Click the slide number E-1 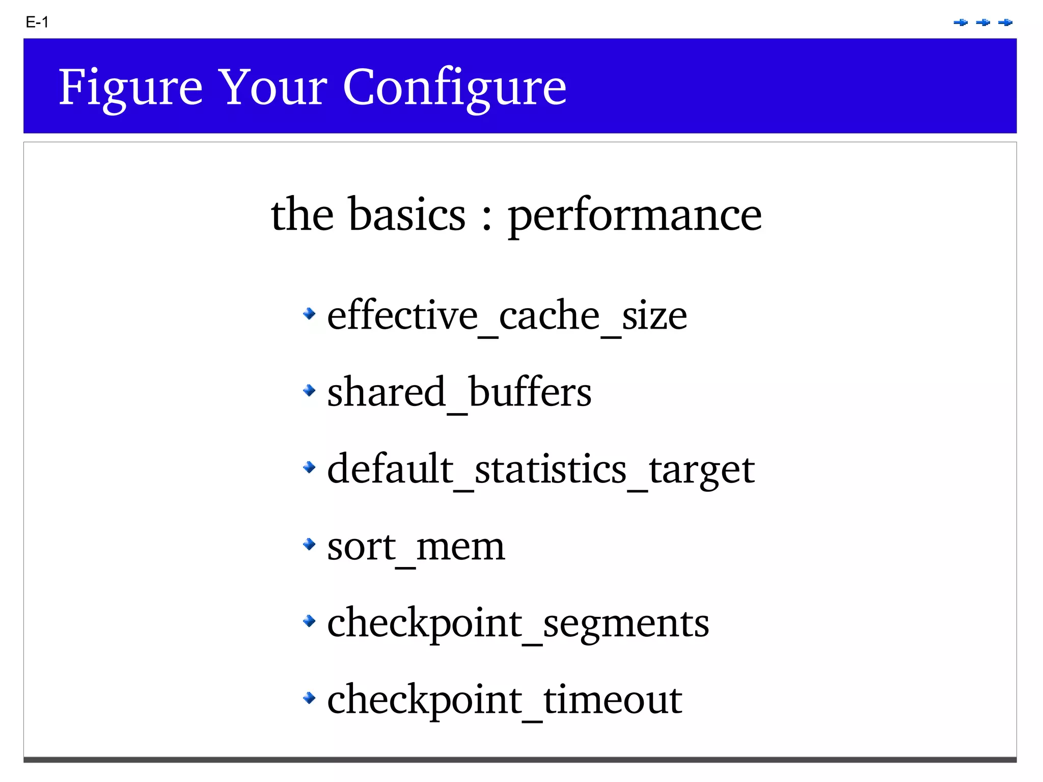click(x=37, y=22)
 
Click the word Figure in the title click(x=130, y=88)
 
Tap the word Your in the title click(x=272, y=88)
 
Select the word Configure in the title click(x=454, y=88)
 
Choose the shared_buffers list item click(x=459, y=392)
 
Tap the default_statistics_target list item click(x=540, y=469)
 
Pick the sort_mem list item click(x=416, y=547)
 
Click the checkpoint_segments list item click(x=517, y=623)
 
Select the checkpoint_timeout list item click(x=504, y=700)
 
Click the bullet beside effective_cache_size click(x=309, y=313)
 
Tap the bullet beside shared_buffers click(x=309, y=390)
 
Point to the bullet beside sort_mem click(x=309, y=544)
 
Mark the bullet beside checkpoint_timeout click(x=309, y=697)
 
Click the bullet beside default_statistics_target click(x=309, y=467)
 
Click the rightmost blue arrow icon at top click(x=1005, y=22)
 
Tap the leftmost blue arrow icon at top click(x=960, y=22)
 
